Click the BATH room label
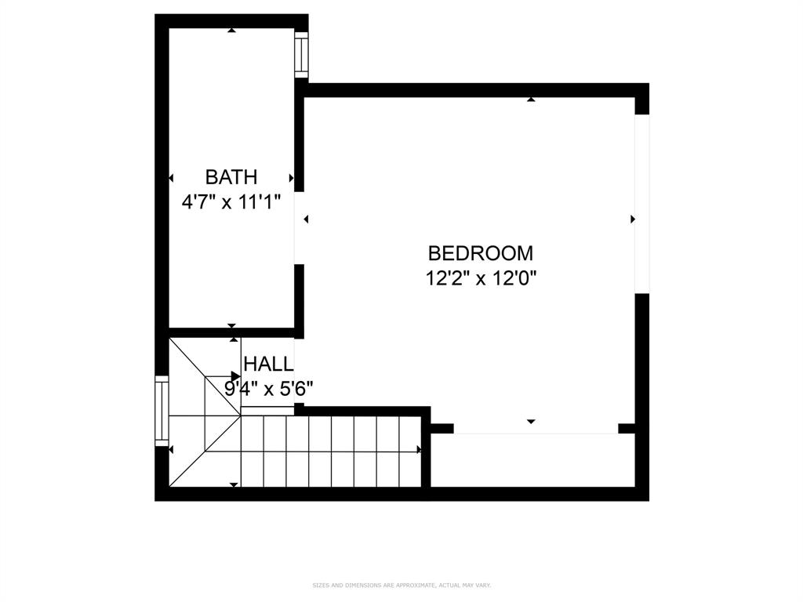point(231,177)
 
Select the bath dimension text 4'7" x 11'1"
point(231,201)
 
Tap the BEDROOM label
point(480,253)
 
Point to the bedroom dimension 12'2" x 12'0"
point(480,277)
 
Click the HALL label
point(268,364)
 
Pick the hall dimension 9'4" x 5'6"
point(269,388)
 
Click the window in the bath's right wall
point(301,54)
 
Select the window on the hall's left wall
point(162,412)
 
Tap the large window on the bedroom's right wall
point(641,204)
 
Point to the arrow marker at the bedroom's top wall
point(531,100)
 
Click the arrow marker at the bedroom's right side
point(632,219)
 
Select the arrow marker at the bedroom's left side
point(306,219)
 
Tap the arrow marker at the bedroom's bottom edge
point(531,422)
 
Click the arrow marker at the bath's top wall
point(231,31)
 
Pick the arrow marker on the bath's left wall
point(171,178)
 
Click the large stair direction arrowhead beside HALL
point(235,377)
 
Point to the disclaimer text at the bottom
point(401,585)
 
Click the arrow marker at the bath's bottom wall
point(231,325)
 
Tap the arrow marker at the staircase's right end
point(419,450)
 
